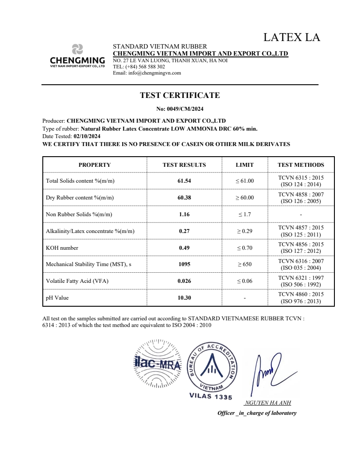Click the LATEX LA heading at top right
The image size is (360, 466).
(x=292, y=38)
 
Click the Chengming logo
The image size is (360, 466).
(x=78, y=56)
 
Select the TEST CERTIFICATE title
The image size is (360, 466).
(x=180, y=95)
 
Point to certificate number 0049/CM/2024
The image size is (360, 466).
(x=180, y=109)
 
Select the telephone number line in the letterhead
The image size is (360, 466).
(x=139, y=67)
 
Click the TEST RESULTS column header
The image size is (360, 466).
(x=184, y=165)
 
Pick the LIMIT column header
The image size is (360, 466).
(x=244, y=165)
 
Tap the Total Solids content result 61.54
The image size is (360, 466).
(x=184, y=181)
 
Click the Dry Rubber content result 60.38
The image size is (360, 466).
(x=184, y=198)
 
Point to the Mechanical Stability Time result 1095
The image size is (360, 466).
(x=184, y=265)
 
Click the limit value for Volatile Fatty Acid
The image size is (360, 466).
(x=244, y=281)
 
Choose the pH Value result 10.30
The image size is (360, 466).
(x=184, y=298)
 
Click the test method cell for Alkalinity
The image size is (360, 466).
(x=301, y=231)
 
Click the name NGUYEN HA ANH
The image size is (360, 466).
(x=267, y=403)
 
